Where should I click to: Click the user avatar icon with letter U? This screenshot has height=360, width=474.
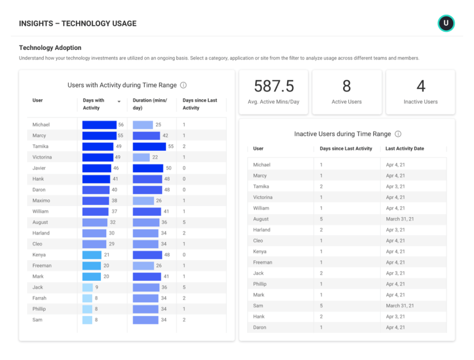(x=446, y=23)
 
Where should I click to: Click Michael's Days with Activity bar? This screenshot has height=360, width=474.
(x=100, y=125)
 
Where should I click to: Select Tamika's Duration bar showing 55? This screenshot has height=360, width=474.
(x=149, y=147)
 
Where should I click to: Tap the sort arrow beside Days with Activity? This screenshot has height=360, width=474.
(x=119, y=101)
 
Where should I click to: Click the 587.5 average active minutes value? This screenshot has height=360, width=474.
(x=274, y=86)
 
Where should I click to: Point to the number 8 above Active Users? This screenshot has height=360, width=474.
(x=347, y=86)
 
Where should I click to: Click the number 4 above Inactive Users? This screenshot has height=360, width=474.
(x=420, y=86)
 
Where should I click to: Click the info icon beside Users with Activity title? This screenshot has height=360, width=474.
(x=183, y=85)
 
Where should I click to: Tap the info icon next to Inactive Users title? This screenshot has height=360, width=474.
(x=398, y=134)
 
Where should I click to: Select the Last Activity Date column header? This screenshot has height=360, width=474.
(x=405, y=149)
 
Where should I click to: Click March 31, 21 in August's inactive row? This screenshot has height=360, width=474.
(x=400, y=219)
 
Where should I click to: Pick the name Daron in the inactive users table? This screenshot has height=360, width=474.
(x=260, y=327)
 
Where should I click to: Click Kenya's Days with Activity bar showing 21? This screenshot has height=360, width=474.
(x=92, y=255)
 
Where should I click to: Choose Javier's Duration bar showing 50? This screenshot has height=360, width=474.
(x=148, y=168)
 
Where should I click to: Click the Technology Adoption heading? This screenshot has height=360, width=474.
(x=50, y=48)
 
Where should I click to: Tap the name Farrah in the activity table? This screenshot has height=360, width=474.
(x=39, y=298)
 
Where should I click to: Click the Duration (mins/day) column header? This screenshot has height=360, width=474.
(x=150, y=104)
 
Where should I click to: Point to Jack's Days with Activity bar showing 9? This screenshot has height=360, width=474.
(x=87, y=287)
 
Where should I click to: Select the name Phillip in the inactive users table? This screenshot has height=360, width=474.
(x=260, y=284)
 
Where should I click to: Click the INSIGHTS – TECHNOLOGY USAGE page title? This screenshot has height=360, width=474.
(x=78, y=24)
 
